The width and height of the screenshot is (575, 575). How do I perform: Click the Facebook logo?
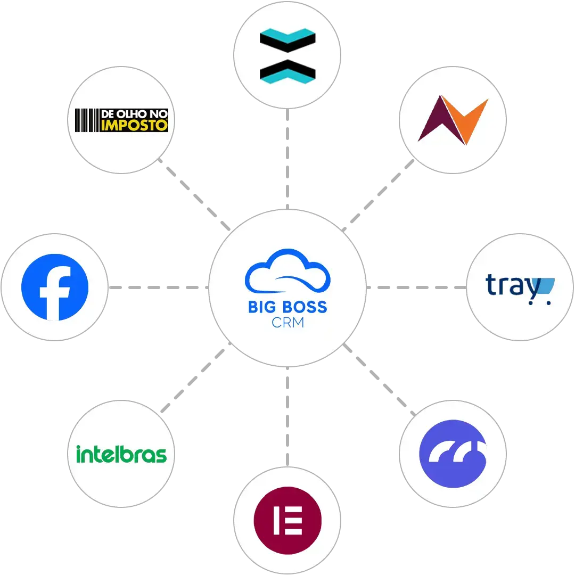(55, 287)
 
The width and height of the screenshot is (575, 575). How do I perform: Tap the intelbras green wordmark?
(121, 454)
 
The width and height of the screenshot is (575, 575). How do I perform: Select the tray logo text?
(512, 285)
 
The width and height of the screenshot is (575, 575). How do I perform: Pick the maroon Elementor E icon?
(287, 520)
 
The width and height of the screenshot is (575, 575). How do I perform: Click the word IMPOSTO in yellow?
(134, 126)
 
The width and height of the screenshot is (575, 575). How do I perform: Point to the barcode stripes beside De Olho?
(87, 120)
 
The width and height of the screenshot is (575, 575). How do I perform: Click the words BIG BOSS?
(287, 307)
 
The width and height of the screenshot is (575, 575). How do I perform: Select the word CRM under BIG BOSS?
(287, 323)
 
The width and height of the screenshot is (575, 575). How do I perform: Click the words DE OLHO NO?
(134, 114)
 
